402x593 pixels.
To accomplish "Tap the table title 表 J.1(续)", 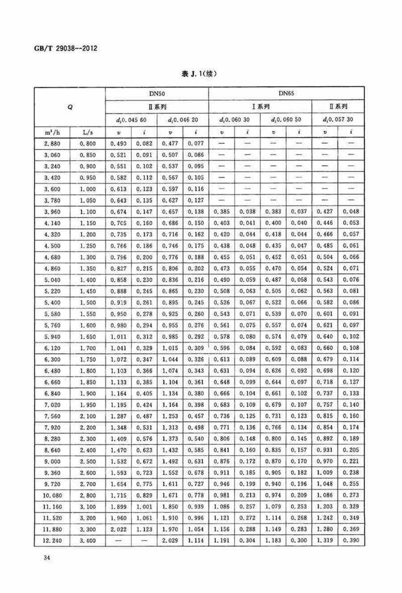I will coord(199,74).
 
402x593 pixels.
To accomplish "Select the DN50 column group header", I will coord(157,93).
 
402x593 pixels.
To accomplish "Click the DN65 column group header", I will coord(286,93).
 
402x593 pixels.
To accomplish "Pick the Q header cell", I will coord(70,107).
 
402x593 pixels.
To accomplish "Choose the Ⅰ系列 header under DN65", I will coord(260,107).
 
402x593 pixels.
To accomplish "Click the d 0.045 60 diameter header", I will coord(131,120).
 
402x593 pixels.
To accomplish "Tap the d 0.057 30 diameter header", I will coord(338,120).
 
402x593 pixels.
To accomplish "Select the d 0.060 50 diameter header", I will coord(286,120).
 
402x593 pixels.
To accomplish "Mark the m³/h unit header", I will coord(53,133).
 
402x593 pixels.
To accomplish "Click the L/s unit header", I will coord(88,133).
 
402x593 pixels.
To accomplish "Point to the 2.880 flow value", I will coord(52,144).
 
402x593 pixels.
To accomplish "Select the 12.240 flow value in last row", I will coord(53,541).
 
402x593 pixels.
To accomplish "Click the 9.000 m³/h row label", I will coord(53,461).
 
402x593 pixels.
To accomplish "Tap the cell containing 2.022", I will coord(118,530).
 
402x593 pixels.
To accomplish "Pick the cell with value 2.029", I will coord(170,541).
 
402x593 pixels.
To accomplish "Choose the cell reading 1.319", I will coord(325,541).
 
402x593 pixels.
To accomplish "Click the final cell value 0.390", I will coord(351,541).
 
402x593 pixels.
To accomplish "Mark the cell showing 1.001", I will coord(144,507).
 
